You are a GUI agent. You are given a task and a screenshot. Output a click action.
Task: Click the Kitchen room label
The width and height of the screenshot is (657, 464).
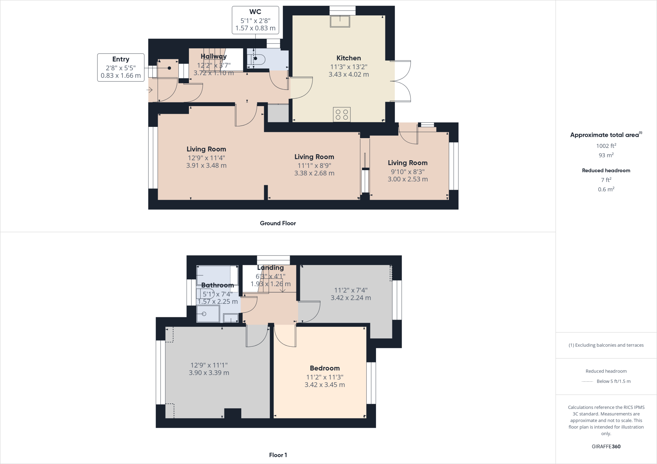[348, 58]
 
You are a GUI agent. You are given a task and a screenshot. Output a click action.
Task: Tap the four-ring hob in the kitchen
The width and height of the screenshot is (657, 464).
[342, 115]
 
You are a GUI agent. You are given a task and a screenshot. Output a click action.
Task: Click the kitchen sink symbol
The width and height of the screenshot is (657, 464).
[340, 21]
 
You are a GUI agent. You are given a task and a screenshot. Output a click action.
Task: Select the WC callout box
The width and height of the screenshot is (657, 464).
[255, 20]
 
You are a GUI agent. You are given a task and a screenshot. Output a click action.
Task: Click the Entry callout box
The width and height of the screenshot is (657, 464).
[121, 67]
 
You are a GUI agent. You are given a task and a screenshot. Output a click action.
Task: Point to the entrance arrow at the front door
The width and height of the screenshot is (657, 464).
[149, 90]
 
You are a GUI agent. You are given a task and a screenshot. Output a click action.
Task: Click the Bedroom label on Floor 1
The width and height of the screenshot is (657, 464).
[325, 368]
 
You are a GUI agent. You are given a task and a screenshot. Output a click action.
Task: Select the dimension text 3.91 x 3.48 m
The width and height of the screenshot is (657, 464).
[206, 166]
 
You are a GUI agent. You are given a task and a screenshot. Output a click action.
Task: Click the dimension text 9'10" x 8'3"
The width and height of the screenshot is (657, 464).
[407, 171]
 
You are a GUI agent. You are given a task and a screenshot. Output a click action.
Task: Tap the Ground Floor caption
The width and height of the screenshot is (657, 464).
[278, 223]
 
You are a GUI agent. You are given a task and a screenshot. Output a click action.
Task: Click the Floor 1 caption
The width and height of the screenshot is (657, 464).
[278, 455]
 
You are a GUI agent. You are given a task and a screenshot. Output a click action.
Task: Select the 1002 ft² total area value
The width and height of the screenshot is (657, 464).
[606, 146]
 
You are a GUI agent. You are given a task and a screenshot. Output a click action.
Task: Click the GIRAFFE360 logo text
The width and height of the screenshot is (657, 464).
[606, 446]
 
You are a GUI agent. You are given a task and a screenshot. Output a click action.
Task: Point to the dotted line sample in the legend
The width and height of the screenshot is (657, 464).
[587, 381]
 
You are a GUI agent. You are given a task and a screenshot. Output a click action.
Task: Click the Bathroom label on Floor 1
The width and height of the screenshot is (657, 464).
[218, 285]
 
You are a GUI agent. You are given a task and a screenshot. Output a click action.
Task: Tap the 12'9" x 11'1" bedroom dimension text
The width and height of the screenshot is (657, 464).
[209, 365]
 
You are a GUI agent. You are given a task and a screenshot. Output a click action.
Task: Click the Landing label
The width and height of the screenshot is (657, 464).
[270, 268]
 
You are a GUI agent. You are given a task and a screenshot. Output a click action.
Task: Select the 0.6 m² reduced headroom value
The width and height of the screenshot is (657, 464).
[606, 189]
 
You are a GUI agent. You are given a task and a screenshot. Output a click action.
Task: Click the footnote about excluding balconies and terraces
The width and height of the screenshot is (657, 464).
[606, 345]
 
